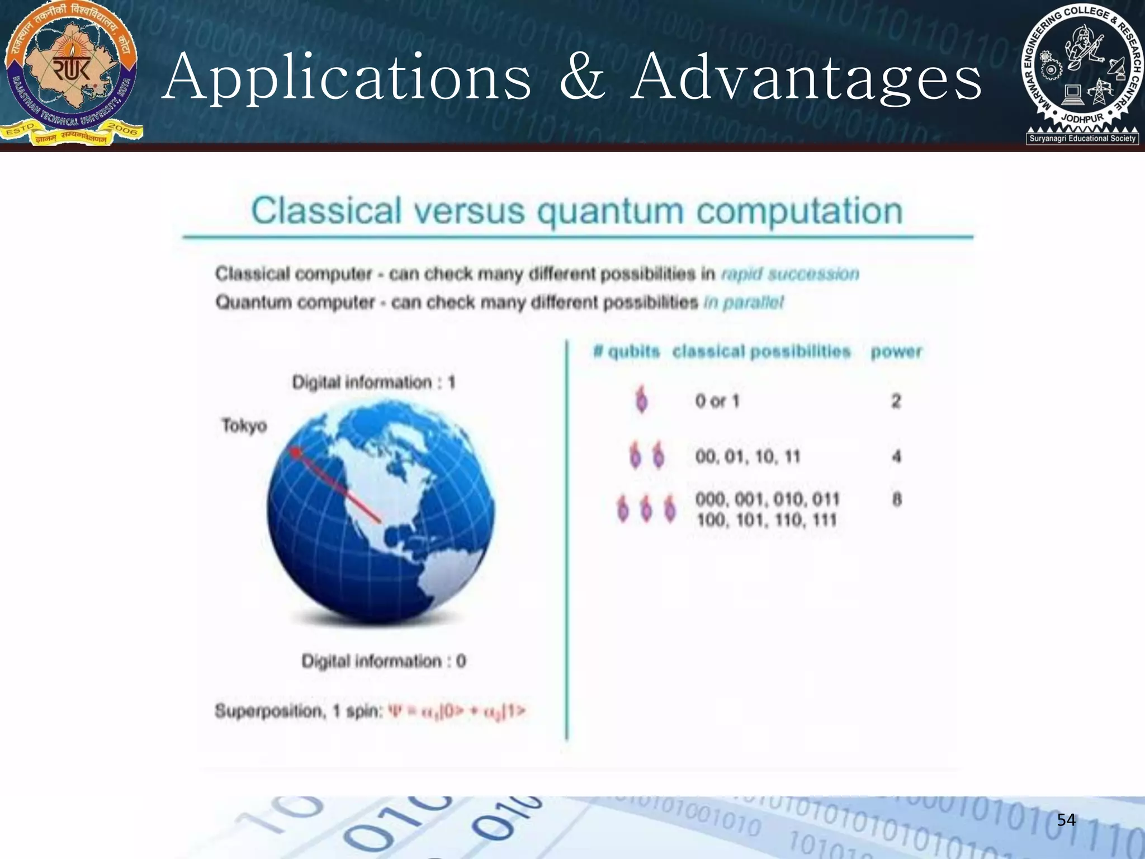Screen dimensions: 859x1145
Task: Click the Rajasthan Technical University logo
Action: point(71,74)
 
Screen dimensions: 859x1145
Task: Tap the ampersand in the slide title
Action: point(583,78)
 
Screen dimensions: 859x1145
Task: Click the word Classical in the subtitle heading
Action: point(326,211)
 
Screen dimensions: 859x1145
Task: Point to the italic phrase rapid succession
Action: point(790,274)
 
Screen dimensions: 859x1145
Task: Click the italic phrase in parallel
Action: point(744,303)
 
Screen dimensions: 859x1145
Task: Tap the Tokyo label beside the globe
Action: point(244,426)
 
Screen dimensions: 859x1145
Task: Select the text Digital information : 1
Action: point(373,383)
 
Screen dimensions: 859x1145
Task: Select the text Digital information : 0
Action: point(384,661)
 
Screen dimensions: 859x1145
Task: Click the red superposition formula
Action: point(457,711)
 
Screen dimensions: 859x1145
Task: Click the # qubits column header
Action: point(626,352)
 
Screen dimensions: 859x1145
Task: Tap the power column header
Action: point(896,352)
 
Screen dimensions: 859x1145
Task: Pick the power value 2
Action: point(896,401)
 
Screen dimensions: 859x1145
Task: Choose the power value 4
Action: point(896,456)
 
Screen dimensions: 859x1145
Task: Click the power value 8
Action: point(897,499)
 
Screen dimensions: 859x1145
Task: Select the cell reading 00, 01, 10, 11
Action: point(747,457)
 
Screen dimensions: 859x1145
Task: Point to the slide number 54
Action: point(1066,820)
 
